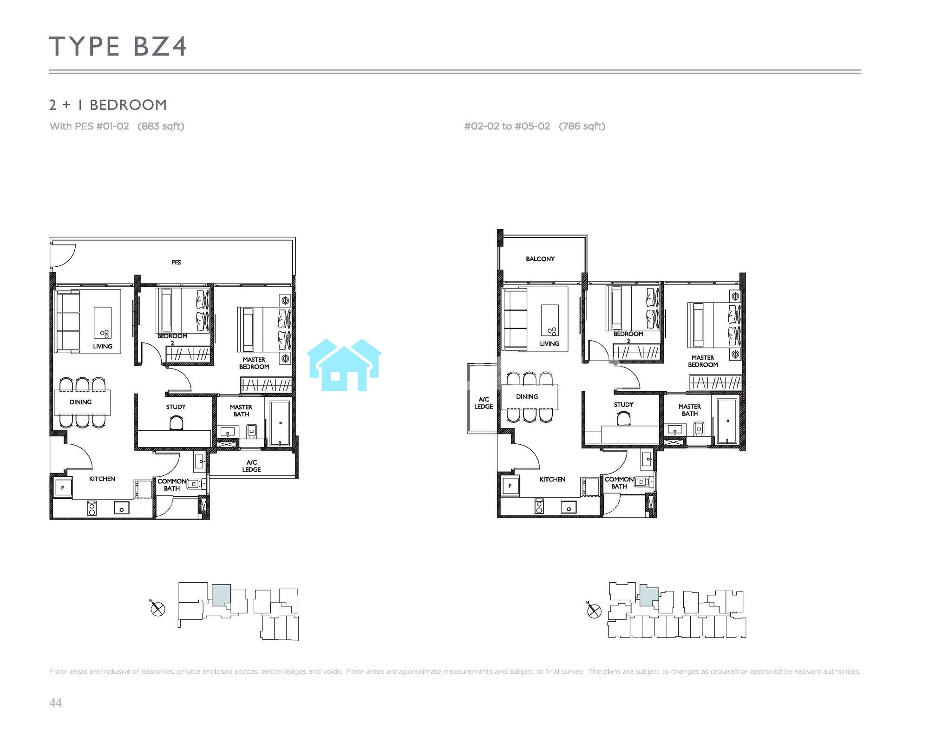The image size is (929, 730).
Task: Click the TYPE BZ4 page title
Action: (x=118, y=46)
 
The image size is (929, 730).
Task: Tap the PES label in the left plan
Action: (x=176, y=263)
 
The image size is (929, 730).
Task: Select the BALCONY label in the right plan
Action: (x=540, y=259)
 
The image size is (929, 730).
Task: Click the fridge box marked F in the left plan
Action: (x=63, y=488)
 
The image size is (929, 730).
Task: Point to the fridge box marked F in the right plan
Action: (x=510, y=486)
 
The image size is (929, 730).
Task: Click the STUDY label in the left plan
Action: (x=176, y=407)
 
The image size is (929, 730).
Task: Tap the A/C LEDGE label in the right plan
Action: (x=484, y=403)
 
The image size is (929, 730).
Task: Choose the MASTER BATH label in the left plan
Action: (x=241, y=411)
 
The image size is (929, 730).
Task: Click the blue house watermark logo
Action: (x=344, y=365)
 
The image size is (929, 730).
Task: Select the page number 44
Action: (x=56, y=703)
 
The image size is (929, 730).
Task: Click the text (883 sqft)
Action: (x=161, y=126)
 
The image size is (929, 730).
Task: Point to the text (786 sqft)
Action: (x=582, y=126)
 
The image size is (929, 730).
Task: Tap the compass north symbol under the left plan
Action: (x=158, y=608)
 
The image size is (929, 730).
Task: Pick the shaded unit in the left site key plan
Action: (x=221, y=595)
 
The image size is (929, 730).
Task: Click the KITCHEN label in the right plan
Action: (x=552, y=480)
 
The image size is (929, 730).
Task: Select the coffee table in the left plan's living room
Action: (x=103, y=322)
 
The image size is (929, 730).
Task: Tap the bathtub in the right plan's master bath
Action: (x=727, y=421)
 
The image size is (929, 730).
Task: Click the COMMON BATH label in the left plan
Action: (x=171, y=485)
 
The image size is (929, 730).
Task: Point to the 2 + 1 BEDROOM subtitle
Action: (x=108, y=105)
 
